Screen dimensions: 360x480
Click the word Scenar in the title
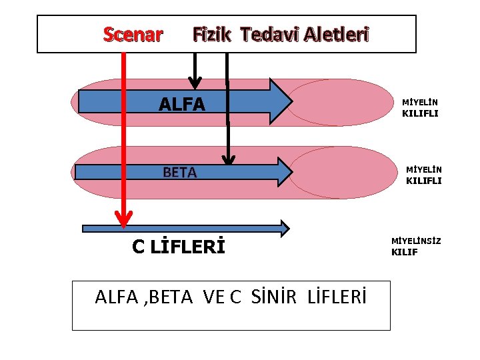(x=133, y=35)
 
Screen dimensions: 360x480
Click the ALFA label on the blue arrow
(x=182, y=104)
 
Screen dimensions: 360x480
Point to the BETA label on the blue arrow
(x=180, y=173)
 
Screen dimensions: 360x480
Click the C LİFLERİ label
(x=178, y=247)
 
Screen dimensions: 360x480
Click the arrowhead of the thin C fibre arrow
(x=285, y=229)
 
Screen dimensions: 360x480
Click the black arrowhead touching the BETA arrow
(x=229, y=159)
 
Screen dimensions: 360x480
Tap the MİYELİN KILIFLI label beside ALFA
(x=420, y=108)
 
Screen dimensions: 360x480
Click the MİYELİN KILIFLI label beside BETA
(x=424, y=175)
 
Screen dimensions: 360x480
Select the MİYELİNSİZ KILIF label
(x=415, y=246)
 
